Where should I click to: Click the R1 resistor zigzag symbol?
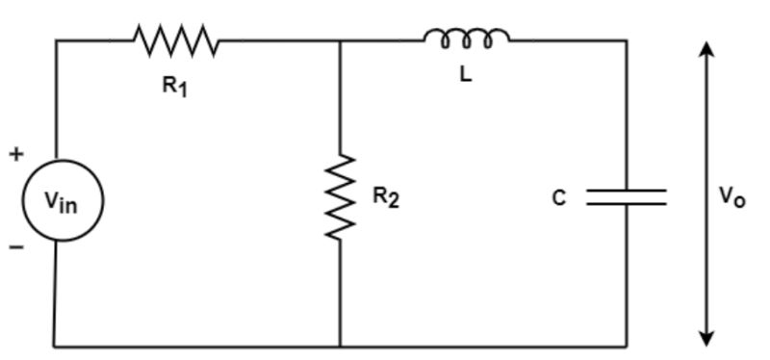[175, 40]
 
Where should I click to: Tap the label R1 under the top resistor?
[174, 86]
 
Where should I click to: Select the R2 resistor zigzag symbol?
[341, 197]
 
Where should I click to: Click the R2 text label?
[385, 198]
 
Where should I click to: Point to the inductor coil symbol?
[467, 39]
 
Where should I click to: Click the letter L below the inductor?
[466, 75]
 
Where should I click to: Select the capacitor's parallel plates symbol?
[627, 197]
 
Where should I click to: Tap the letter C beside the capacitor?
[559, 198]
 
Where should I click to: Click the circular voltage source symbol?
[60, 201]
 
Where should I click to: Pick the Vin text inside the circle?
[60, 201]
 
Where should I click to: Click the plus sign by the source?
[15, 153]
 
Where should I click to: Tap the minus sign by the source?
[15, 247]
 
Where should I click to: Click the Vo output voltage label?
[731, 197]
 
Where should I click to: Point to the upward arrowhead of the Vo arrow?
[707, 50]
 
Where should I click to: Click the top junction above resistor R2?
[341, 40]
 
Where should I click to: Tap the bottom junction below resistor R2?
[341, 346]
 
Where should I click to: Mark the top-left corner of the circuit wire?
[56, 40]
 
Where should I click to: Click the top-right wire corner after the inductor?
[627, 40]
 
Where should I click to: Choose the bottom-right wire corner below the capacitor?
[627, 346]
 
